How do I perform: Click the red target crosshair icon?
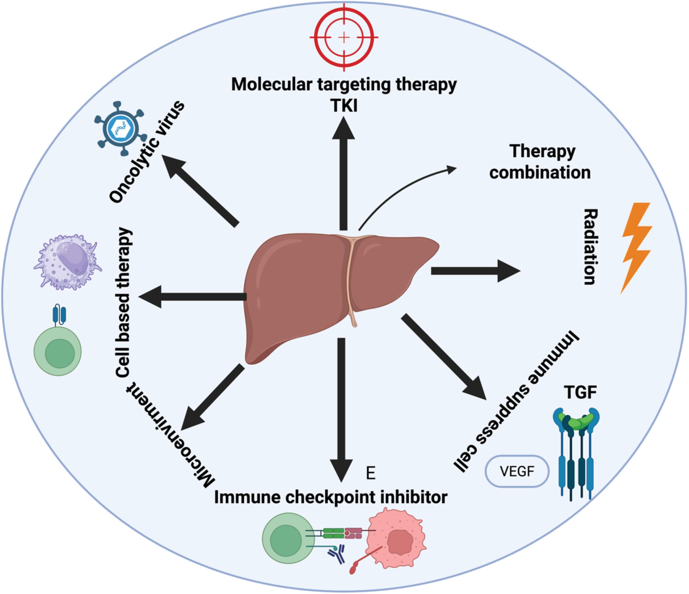click(x=344, y=37)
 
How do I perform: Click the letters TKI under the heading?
click(x=344, y=106)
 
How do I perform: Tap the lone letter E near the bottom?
click(x=370, y=473)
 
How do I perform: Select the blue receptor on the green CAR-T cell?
click(x=59, y=315)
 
